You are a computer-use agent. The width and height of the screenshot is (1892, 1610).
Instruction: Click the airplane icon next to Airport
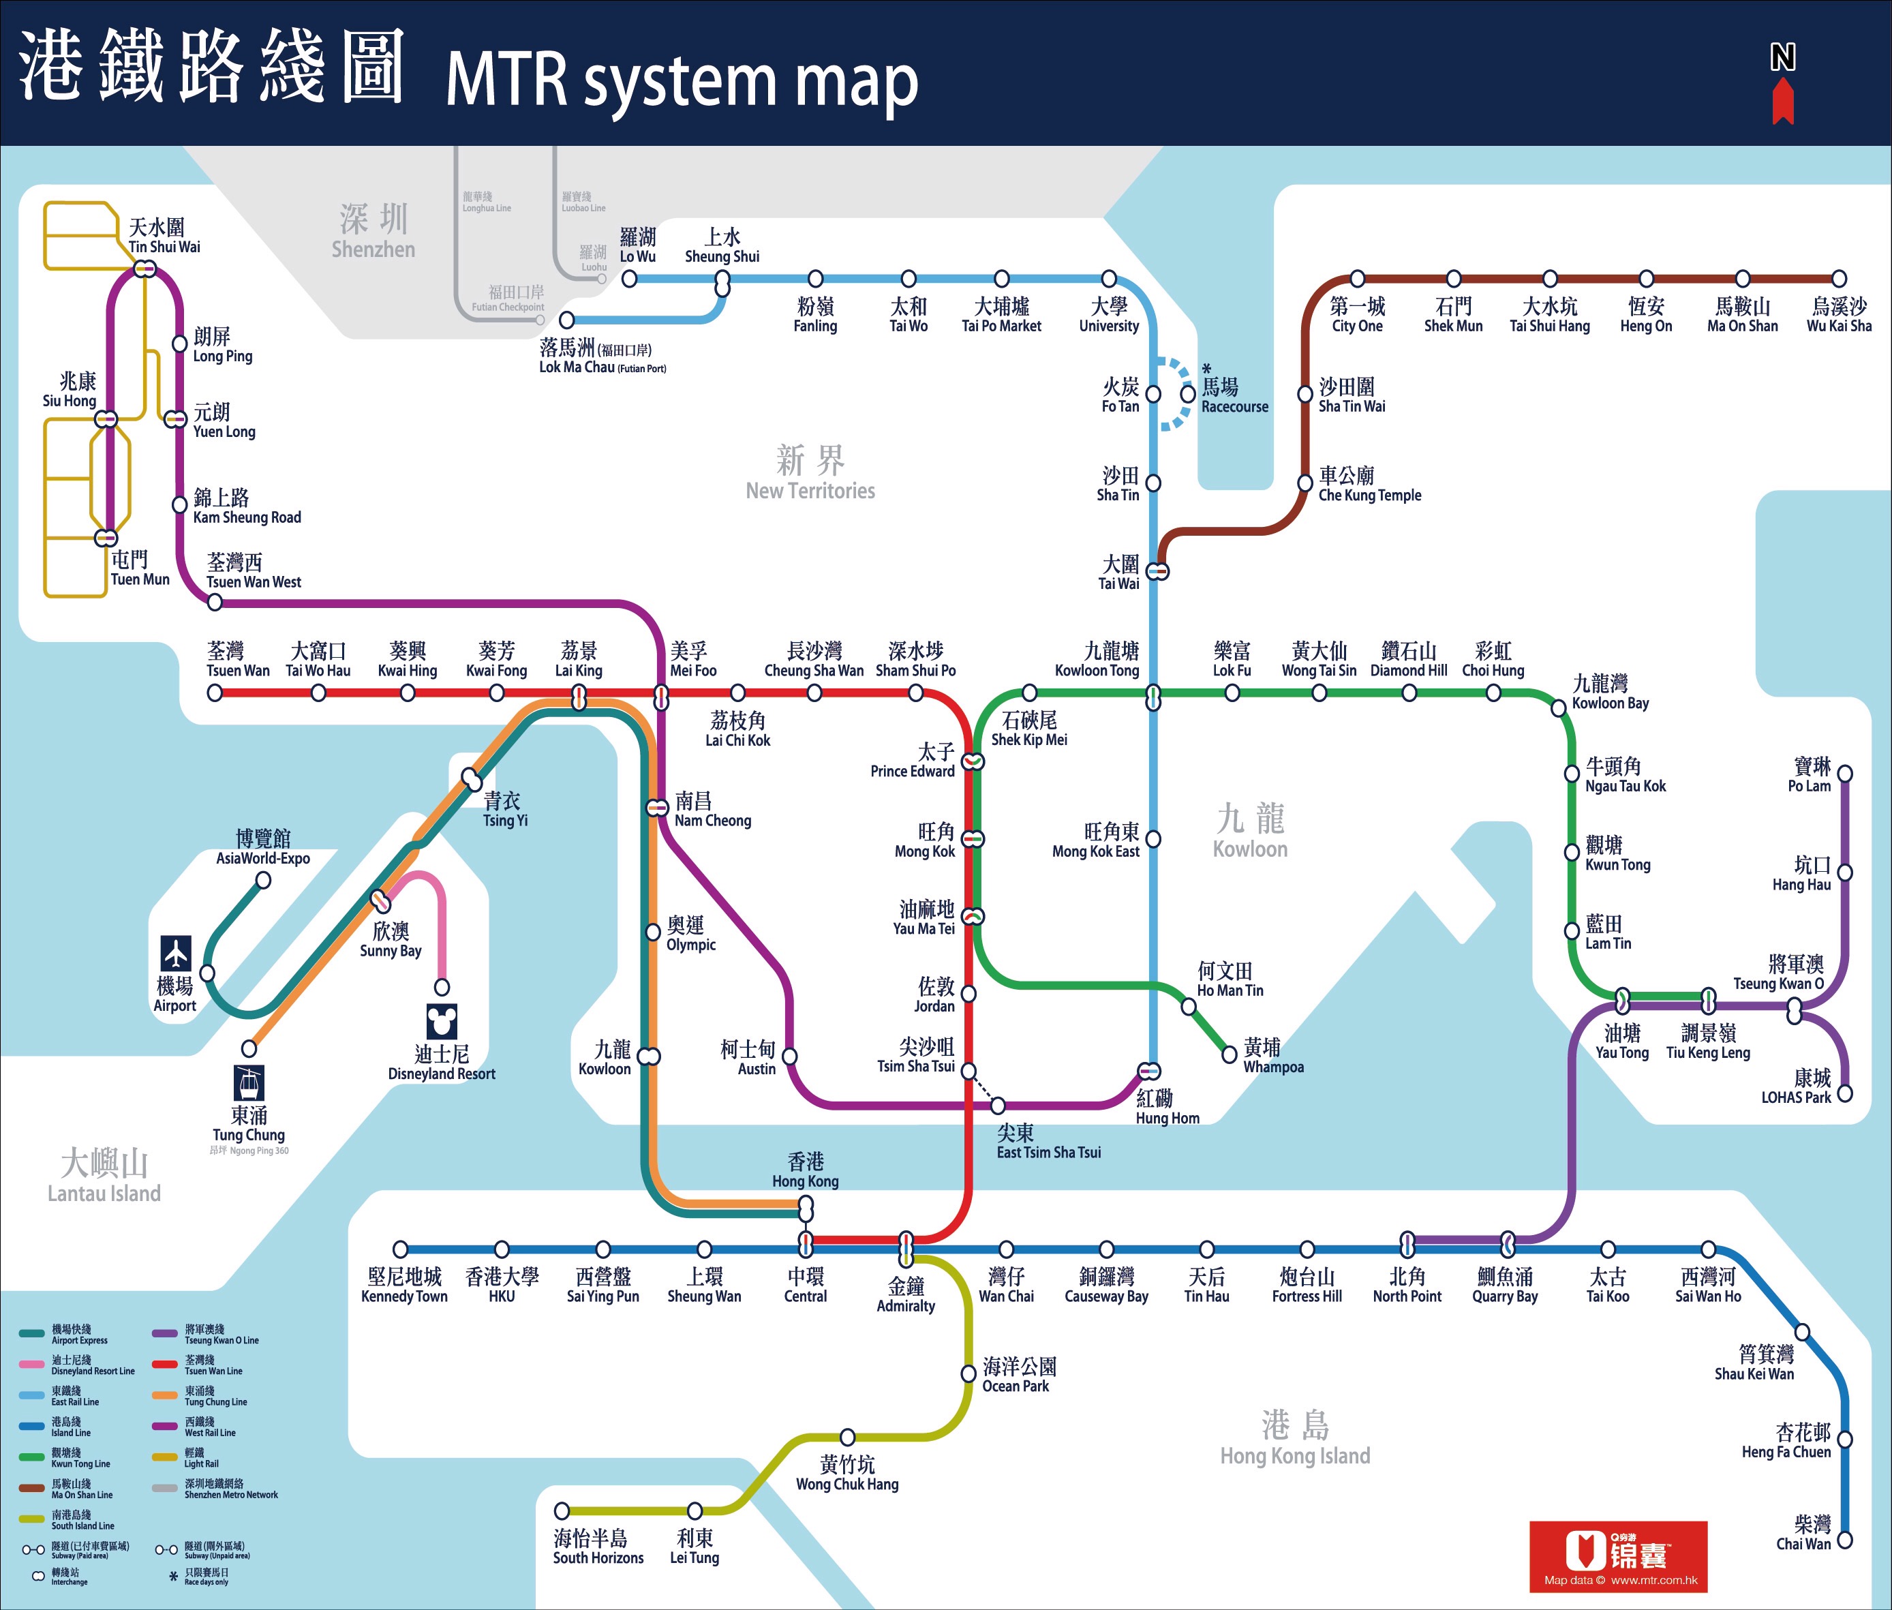pos(176,953)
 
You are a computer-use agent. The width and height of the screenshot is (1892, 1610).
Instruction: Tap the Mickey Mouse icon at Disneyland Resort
pos(442,1021)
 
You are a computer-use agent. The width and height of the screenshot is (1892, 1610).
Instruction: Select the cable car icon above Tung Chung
pos(248,1083)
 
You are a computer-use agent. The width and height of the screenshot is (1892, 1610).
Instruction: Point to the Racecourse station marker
pos(1187,393)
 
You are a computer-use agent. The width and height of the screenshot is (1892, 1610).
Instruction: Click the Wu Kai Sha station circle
pos(1839,278)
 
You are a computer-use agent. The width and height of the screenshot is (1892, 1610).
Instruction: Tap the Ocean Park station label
pos(1018,1375)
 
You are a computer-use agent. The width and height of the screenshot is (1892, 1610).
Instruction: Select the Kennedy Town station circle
pos(400,1249)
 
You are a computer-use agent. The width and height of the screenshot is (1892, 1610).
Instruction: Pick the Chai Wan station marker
pos(1844,1540)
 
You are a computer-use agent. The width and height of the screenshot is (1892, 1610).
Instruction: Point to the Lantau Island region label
pos(104,1176)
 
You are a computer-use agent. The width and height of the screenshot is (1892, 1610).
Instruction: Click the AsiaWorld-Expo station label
pos(263,848)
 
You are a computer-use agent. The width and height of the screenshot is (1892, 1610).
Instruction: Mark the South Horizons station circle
pos(562,1511)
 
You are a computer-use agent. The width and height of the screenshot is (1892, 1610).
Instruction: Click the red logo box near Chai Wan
pos(1618,1556)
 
